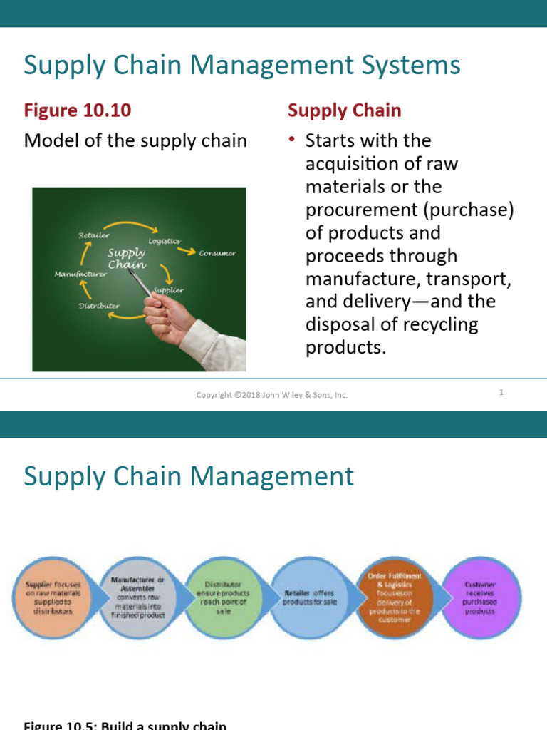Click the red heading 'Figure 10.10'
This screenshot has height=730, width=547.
coord(78,110)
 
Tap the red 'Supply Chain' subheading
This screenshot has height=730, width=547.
coord(344,110)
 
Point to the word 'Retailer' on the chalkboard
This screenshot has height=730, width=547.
coord(94,235)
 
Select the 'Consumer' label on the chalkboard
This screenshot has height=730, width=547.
coord(217,253)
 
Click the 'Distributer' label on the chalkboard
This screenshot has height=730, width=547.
coord(99,306)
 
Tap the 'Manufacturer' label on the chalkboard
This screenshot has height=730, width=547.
coord(80,273)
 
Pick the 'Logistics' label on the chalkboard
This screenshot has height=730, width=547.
coord(164,241)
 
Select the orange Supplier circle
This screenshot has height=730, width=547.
coord(53,597)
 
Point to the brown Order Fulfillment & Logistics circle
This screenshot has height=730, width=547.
coord(394,597)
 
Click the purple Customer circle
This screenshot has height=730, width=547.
coord(481,597)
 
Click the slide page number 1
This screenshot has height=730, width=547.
coord(501,392)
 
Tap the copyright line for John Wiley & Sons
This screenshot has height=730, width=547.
coord(272,394)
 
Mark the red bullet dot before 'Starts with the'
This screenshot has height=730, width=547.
coord(291,140)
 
